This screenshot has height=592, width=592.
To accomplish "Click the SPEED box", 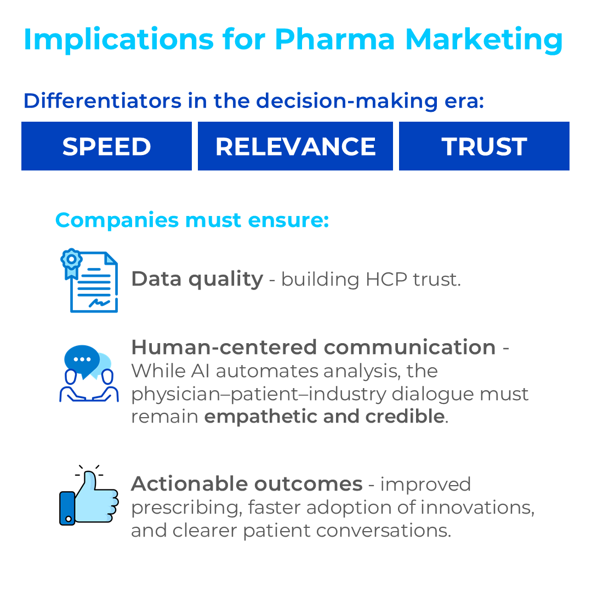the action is (106, 146).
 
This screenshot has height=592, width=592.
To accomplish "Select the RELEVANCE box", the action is (295, 146).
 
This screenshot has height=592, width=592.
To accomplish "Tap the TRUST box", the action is (484, 146).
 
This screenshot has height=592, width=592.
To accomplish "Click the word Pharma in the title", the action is (334, 39).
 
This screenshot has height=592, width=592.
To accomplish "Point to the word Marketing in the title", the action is (484, 40).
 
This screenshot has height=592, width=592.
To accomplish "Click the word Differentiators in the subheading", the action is (103, 101).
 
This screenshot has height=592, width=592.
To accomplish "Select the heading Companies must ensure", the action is (192, 220).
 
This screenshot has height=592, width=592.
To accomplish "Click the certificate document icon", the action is (89, 281).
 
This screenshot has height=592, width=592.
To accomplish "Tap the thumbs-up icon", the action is (89, 496).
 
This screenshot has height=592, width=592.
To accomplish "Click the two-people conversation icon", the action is (89, 374).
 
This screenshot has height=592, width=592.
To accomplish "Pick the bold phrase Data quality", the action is (197, 280).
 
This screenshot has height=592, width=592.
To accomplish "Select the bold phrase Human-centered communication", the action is (314, 348).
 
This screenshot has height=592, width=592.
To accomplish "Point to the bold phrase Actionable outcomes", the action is (247, 484).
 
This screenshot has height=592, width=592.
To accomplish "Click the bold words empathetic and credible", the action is (325, 417).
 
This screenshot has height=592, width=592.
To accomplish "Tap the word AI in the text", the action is (200, 371).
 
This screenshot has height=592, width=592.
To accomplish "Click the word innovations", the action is (477, 507).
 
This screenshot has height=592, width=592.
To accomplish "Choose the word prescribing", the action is (186, 508).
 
